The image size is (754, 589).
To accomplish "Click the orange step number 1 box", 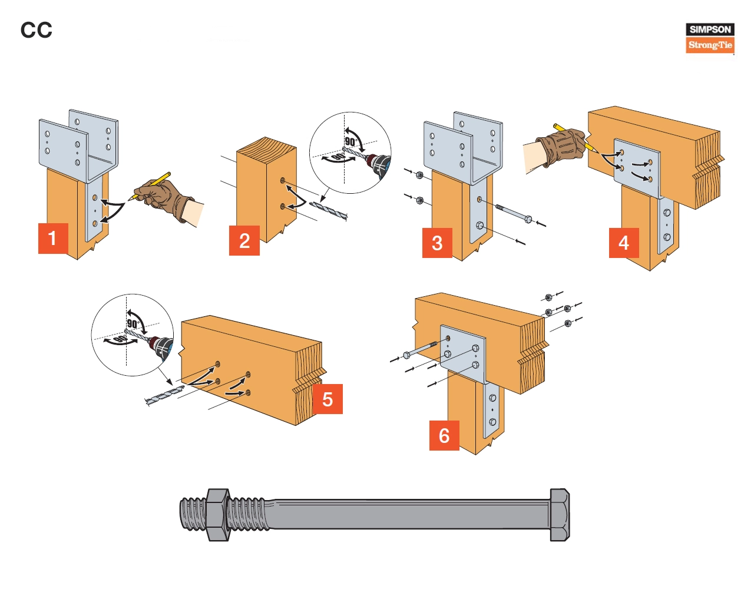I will coord(53,239).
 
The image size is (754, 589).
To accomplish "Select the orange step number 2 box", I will coord(244,240).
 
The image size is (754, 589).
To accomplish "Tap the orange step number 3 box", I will coord(437,243).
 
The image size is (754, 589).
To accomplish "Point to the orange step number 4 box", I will coord(624,243).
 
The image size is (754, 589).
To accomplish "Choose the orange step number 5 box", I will coord(328,399).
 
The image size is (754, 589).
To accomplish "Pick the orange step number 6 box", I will coord(444,435).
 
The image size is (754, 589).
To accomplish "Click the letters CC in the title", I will coord(37,30).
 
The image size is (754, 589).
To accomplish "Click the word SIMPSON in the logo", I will coord(710,29).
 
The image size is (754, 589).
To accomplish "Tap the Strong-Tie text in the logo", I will coord(710,45).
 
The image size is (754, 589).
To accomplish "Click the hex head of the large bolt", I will coord(560,514).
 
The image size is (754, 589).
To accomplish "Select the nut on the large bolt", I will coord(217,514).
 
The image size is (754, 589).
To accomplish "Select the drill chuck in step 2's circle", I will coord(377,164).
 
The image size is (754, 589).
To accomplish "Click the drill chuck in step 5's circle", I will coord(160,346).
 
